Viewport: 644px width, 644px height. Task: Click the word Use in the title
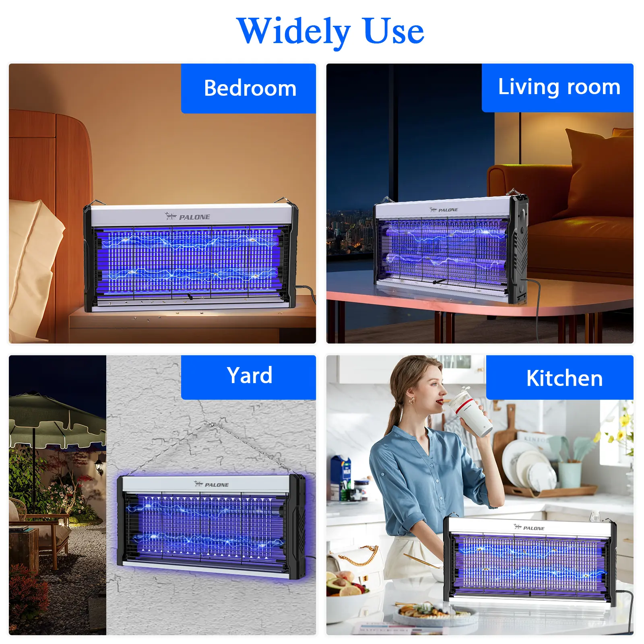(394, 31)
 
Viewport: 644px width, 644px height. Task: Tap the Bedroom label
(250, 88)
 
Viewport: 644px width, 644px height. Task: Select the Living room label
(559, 87)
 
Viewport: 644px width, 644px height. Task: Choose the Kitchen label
(564, 378)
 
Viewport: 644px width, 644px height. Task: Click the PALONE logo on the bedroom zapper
(188, 217)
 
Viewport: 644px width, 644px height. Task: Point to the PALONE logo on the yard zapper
(211, 484)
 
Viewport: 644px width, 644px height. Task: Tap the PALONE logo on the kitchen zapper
(529, 527)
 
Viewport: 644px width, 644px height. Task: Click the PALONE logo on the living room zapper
(444, 210)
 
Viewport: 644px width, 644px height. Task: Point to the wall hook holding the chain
(210, 424)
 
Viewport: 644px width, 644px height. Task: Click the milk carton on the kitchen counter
(341, 478)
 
